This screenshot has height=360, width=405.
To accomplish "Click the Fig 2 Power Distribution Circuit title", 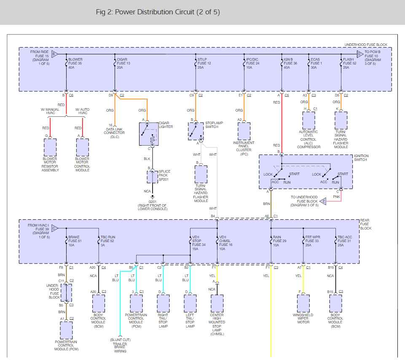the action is [158, 12].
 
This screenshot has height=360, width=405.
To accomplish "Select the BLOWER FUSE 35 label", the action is [75, 63].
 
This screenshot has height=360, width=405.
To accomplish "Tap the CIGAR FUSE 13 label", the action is [123, 63].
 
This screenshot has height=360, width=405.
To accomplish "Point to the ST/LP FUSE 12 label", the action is [204, 63].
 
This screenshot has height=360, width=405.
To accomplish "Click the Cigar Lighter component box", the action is [149, 134].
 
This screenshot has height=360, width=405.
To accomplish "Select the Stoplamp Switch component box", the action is [196, 131].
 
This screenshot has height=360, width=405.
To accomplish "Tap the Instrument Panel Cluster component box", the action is [244, 131].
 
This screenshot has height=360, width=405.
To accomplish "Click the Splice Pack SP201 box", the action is [153, 177].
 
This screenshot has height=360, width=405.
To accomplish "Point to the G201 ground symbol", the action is [153, 197].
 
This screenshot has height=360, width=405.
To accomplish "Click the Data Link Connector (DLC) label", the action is [115, 133].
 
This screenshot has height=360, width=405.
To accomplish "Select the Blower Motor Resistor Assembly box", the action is [50, 147].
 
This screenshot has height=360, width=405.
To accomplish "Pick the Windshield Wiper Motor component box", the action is [303, 304].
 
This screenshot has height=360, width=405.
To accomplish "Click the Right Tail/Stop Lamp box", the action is [163, 304].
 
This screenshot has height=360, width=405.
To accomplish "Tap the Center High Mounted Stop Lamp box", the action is [217, 304].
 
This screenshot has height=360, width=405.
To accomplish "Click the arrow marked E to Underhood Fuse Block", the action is [323, 201].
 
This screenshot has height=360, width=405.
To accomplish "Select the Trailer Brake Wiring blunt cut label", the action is [120, 346].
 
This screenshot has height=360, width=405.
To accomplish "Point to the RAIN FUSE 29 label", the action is [279, 241].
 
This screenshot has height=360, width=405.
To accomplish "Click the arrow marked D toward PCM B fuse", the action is [360, 54].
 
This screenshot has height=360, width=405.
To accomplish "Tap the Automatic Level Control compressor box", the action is [308, 120].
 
